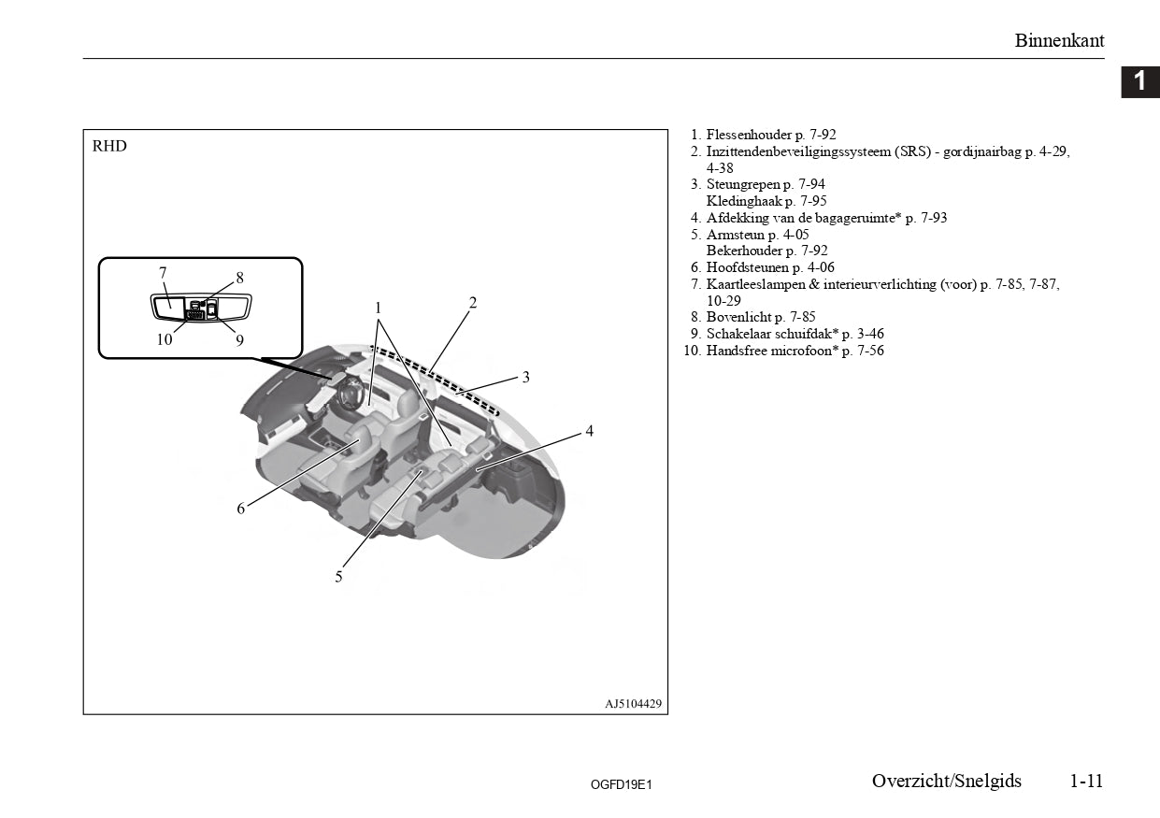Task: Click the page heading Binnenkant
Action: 1059,40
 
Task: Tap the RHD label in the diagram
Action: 109,146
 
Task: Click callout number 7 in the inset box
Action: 163,272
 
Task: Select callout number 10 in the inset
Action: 165,339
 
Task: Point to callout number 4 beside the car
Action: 589,430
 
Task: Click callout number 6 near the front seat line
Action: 241,509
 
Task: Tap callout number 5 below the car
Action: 338,577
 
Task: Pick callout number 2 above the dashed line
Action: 472,303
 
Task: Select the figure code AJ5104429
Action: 634,704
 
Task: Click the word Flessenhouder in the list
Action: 749,135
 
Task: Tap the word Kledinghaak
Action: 744,201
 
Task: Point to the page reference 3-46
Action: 870,334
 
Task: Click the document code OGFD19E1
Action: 621,785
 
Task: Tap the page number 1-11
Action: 1086,781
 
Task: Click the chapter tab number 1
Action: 1139,81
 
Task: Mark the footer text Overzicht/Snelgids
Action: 947,781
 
